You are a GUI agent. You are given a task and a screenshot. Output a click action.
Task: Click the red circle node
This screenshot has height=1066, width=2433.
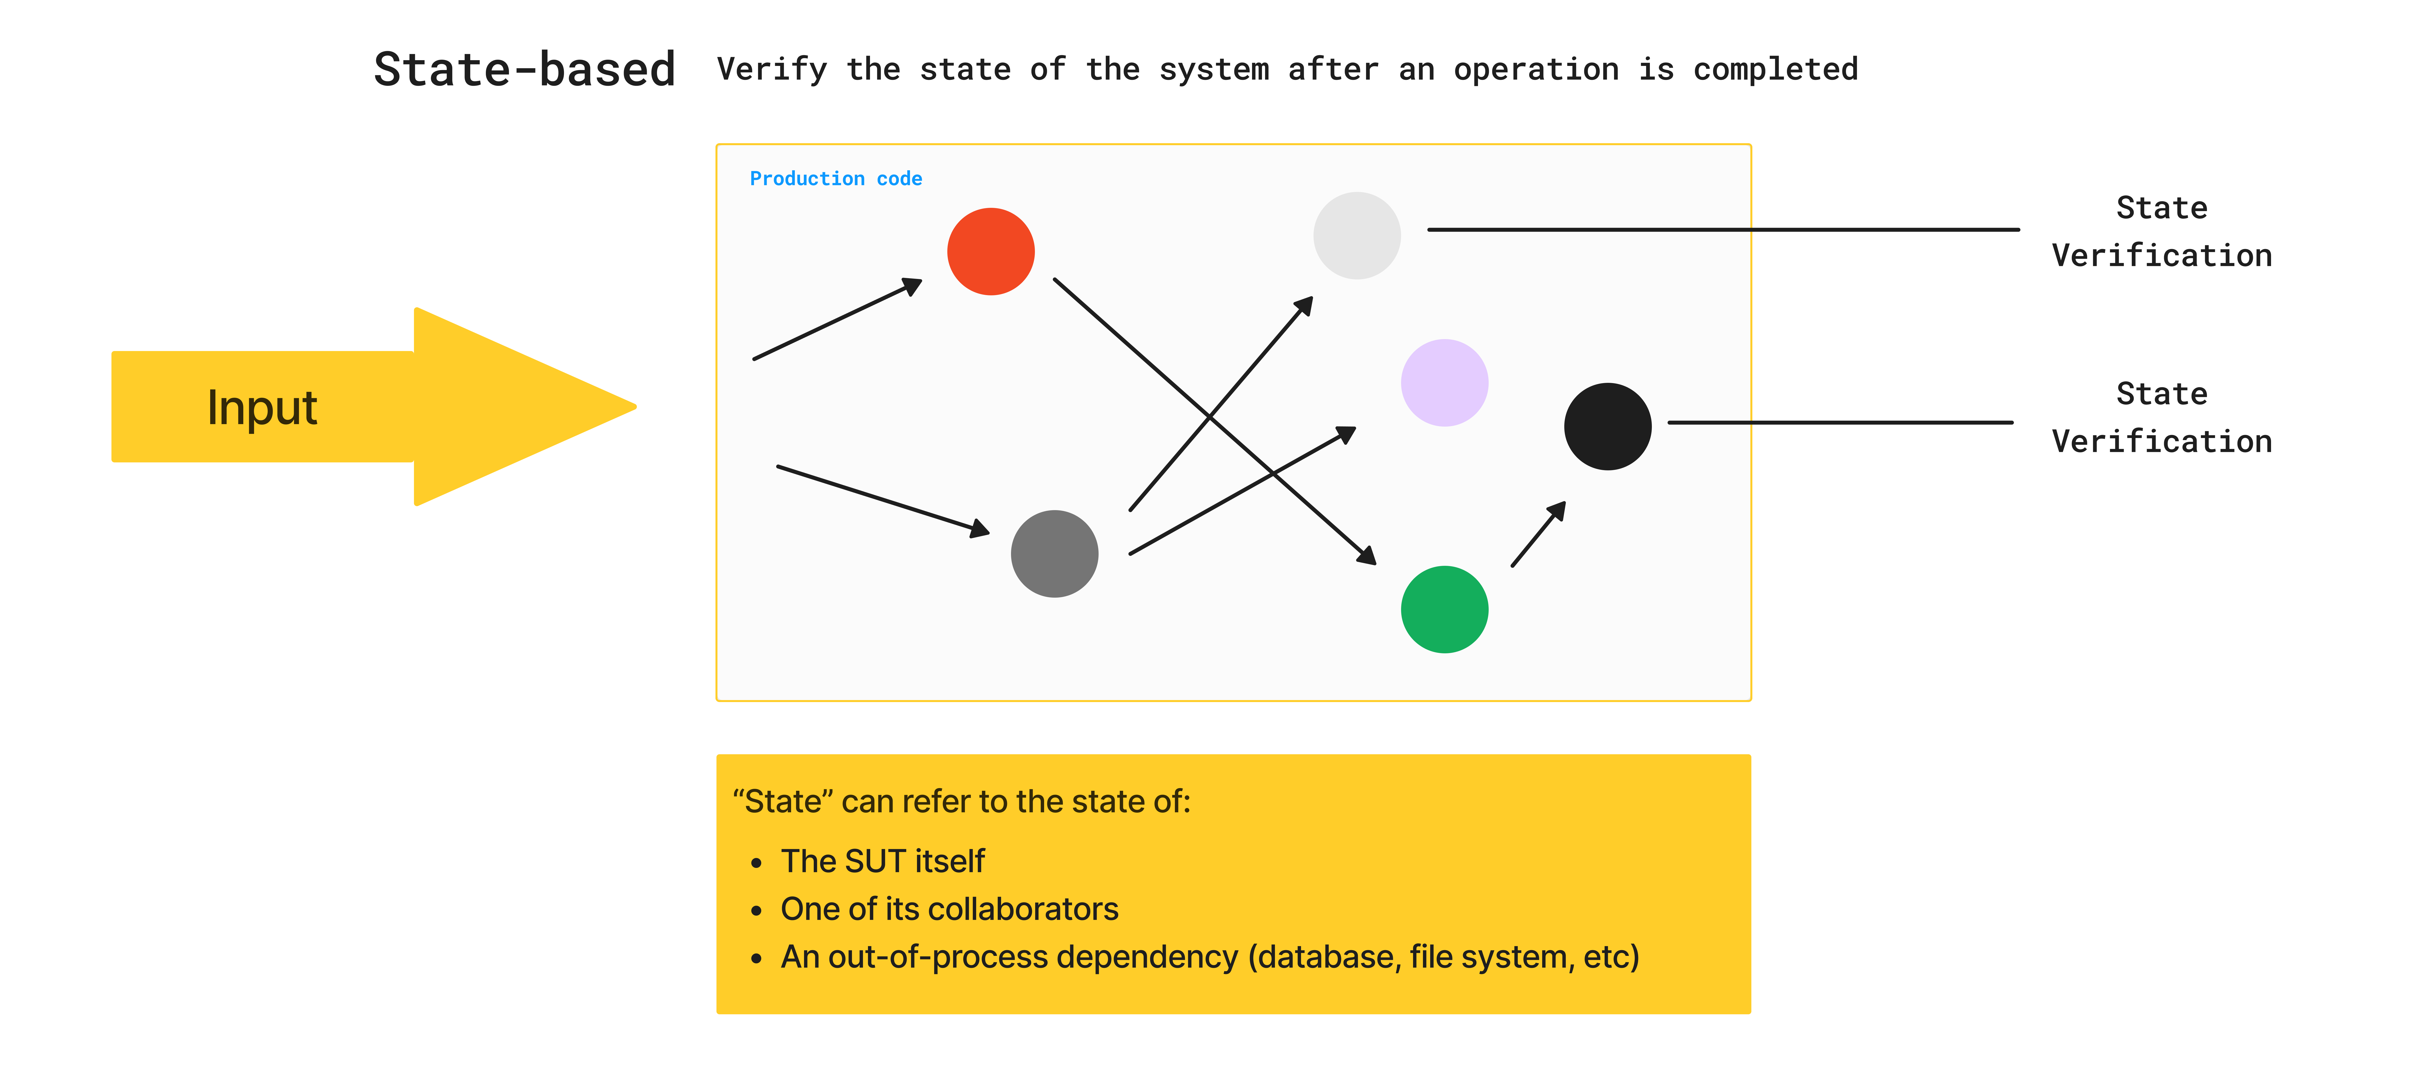[x=991, y=252]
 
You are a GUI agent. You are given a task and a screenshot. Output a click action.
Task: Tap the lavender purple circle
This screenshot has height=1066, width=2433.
[x=1444, y=382]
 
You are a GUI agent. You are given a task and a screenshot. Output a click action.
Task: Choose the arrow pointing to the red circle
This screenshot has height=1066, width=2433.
[x=836, y=320]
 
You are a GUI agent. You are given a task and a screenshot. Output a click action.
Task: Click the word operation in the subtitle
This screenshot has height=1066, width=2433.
[x=1536, y=70]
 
